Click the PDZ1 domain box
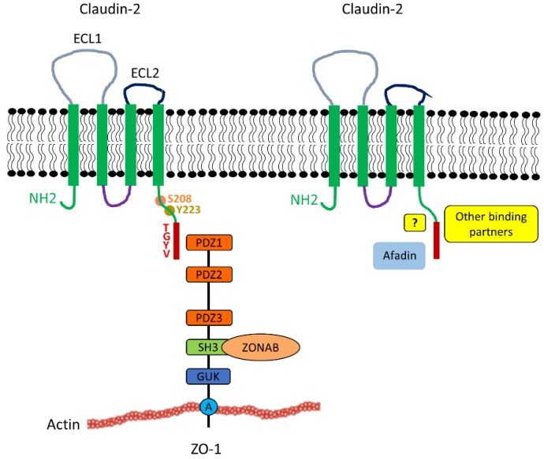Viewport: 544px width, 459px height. coord(208,244)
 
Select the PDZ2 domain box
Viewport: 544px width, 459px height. coord(208,274)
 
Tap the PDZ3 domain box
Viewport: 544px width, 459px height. coord(208,317)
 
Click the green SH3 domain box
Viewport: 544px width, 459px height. coord(203,347)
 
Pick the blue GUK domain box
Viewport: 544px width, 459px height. coord(208,376)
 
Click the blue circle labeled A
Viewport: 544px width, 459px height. coord(208,406)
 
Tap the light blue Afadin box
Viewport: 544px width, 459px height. coord(400,257)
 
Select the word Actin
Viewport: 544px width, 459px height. coord(63,424)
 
